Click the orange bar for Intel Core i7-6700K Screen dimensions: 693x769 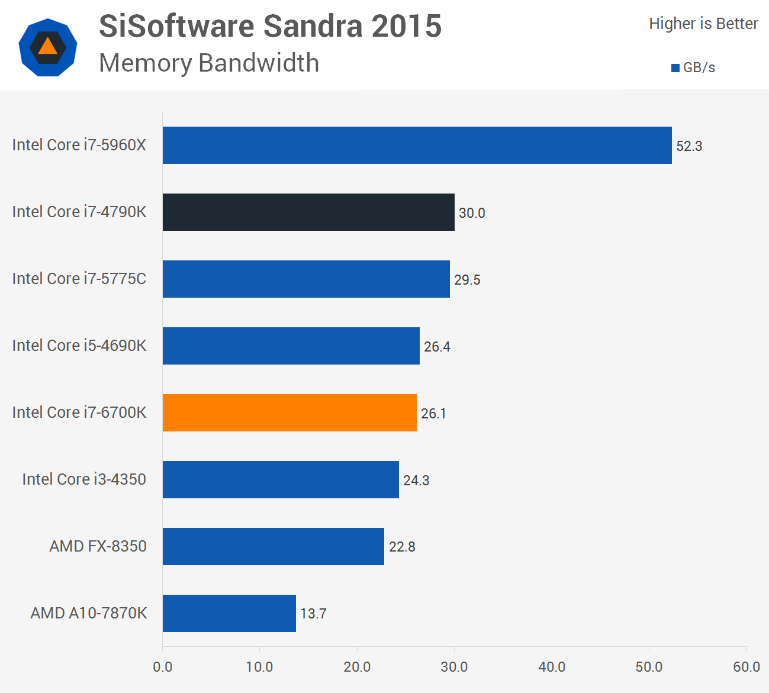(x=289, y=412)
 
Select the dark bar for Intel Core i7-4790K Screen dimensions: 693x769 (x=308, y=212)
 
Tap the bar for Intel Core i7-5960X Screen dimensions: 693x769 (x=417, y=145)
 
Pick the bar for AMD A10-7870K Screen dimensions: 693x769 (x=229, y=613)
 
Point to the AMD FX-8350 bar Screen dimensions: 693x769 (x=273, y=546)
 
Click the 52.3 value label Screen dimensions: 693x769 (x=689, y=146)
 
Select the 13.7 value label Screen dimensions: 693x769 (x=313, y=614)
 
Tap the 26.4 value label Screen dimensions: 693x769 (x=437, y=347)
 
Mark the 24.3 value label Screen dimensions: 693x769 (x=416, y=481)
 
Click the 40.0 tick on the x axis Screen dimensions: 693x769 (x=552, y=667)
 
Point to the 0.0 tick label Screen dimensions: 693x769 (x=162, y=667)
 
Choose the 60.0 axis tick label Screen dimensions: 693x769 (x=746, y=667)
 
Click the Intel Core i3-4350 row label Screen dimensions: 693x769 (x=84, y=479)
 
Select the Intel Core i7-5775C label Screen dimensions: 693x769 (x=79, y=279)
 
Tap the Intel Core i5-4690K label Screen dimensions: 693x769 (x=79, y=346)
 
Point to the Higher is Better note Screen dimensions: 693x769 (x=703, y=24)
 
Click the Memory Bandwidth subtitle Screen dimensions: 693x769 (x=209, y=63)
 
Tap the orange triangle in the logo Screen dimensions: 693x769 (x=48, y=47)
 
